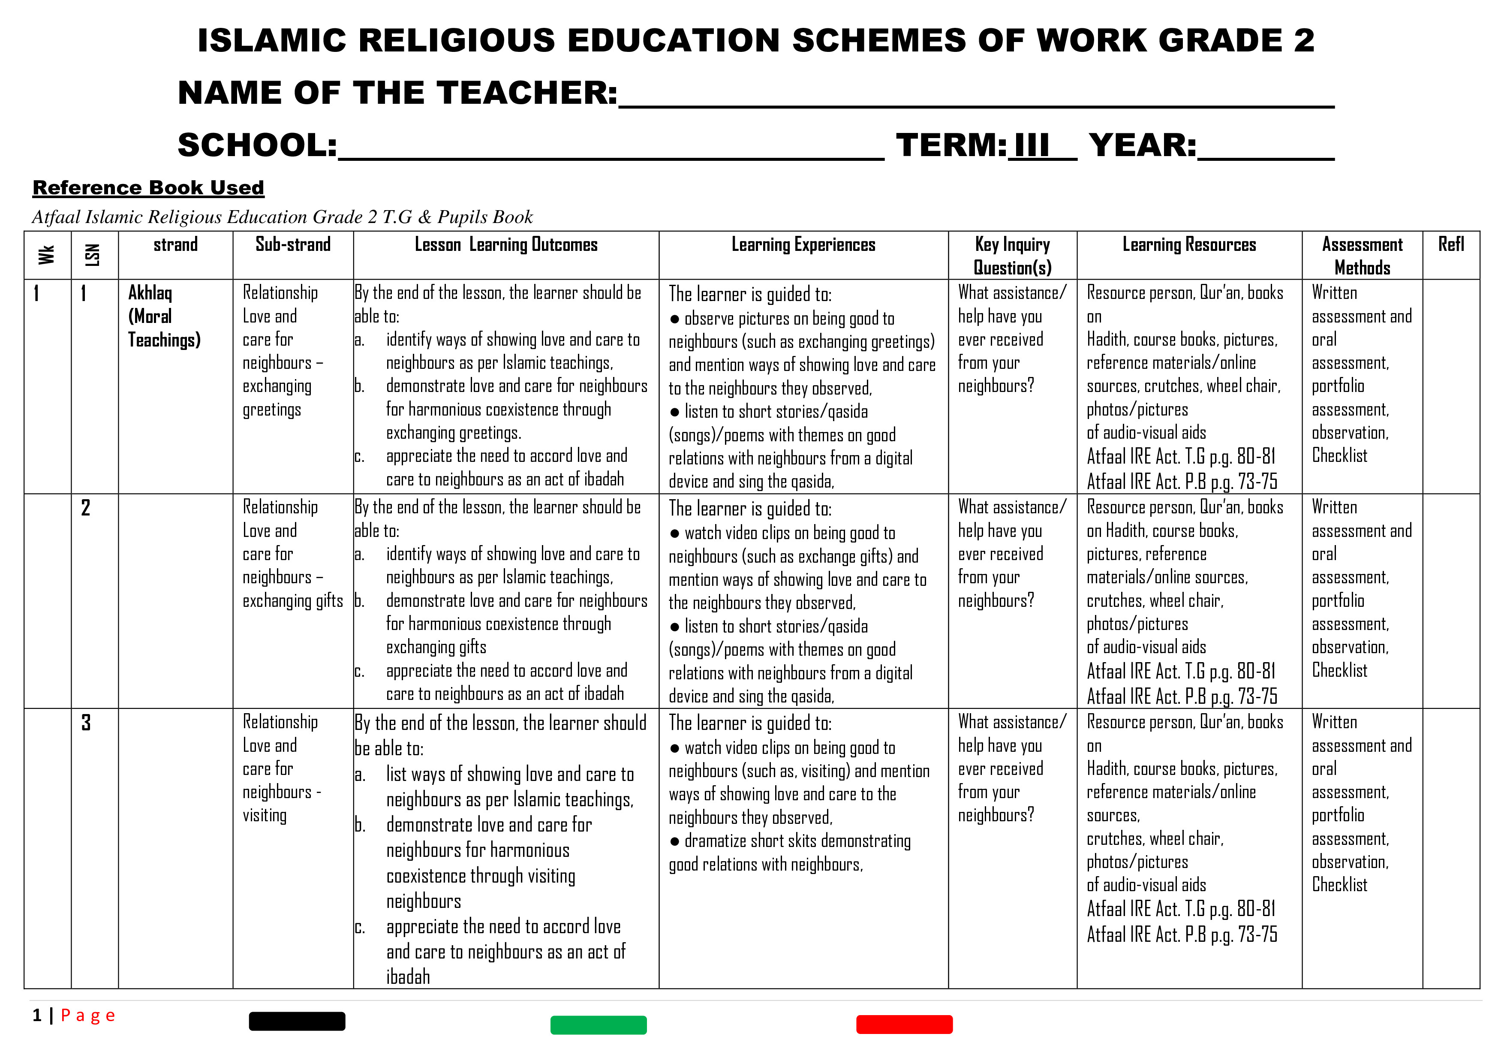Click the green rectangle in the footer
click(598, 1025)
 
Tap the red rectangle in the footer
click(904, 1024)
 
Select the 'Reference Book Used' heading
click(149, 188)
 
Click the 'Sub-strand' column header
click(293, 245)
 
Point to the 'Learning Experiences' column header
click(803, 245)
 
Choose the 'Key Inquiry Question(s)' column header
click(1012, 256)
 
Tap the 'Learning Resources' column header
click(1189, 245)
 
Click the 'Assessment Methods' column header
click(1362, 256)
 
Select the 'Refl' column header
click(1451, 245)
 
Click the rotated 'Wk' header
click(46, 255)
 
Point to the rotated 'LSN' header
click(93, 255)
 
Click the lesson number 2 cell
click(86, 508)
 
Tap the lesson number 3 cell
click(86, 723)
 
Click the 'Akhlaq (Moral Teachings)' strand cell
click(164, 316)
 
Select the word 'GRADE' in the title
click(1220, 41)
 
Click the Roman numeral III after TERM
click(1032, 145)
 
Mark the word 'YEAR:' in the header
click(1143, 145)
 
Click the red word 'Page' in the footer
click(88, 1016)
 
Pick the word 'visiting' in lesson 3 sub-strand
click(265, 816)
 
